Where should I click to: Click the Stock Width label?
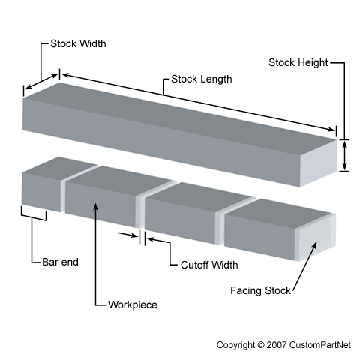coord(78,43)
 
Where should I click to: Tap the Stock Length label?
coord(202,79)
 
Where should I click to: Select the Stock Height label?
coord(298,62)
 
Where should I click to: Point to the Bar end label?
coord(60,262)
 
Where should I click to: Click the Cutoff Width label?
coord(209,265)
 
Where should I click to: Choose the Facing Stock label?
coord(260,290)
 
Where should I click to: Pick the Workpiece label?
coord(133,304)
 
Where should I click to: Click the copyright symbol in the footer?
coord(261,345)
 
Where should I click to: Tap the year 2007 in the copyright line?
coord(277,345)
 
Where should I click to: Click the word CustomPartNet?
coord(320,345)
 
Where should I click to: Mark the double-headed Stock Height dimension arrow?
coord(345,155)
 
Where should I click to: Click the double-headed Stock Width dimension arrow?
coord(42,81)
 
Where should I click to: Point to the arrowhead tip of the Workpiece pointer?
coord(95,203)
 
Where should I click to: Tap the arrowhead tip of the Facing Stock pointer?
coord(317,241)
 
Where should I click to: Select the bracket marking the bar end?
coord(34,215)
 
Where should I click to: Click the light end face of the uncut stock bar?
coord(318,163)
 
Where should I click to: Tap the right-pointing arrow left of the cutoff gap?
coord(127,234)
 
